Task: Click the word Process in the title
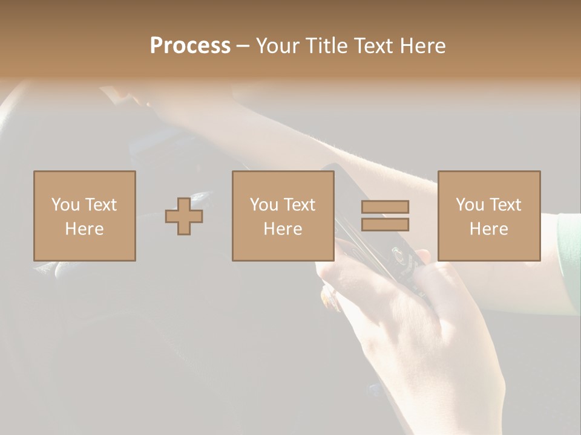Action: pos(190,46)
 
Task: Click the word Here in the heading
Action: pos(421,46)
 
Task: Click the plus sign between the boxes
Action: pos(184,216)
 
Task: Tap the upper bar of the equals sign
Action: pos(385,207)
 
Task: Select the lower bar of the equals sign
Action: pos(385,225)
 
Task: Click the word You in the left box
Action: pos(65,205)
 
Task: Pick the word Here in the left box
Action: pos(84,229)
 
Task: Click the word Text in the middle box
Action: pos(299,205)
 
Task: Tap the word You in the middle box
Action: pos(264,205)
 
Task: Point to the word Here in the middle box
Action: pos(283,229)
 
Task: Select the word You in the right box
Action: pos(470,205)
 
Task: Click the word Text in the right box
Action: pos(505,205)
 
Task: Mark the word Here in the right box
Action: pos(488,229)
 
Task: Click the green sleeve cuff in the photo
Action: pos(569,254)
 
